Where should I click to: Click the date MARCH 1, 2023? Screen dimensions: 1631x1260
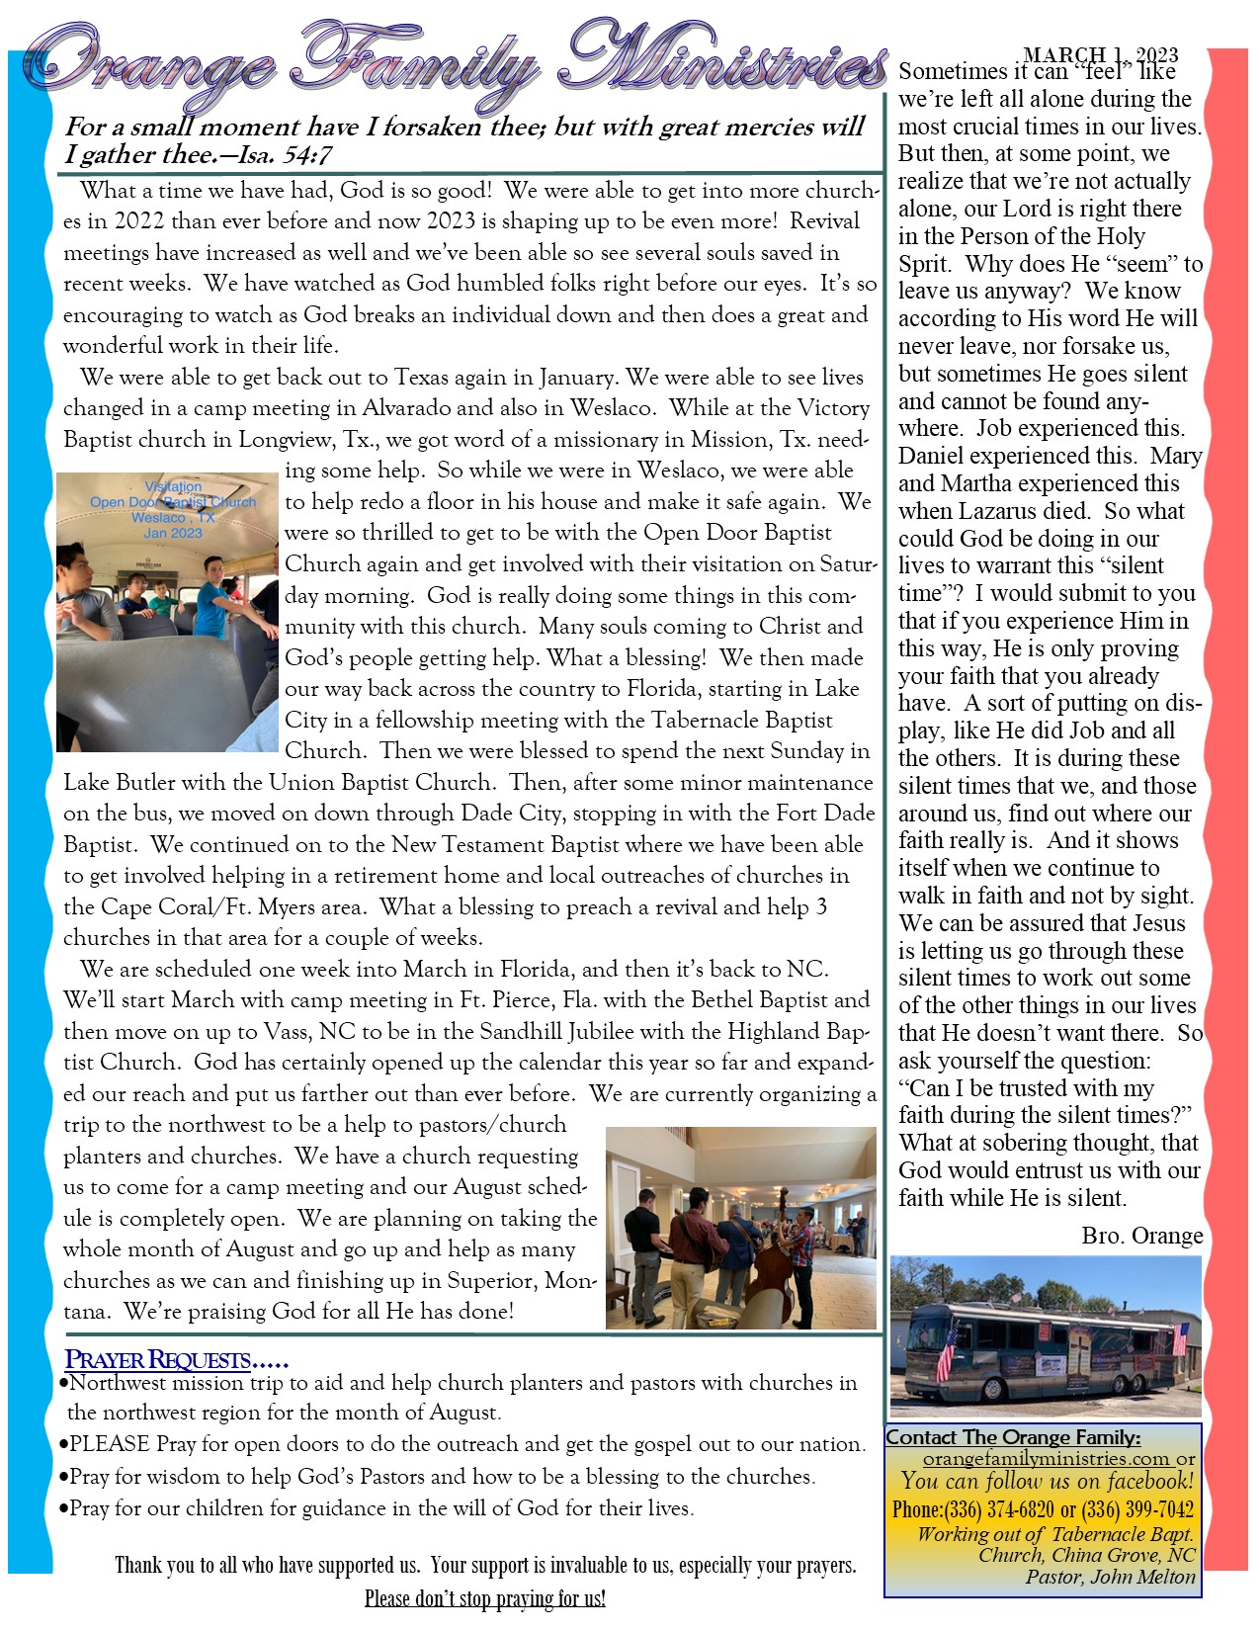coord(1100,55)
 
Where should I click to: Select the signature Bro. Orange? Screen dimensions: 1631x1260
coord(1141,1236)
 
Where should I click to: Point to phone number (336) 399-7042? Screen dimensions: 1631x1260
coord(1137,1509)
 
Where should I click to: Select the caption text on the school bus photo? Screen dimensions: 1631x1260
coord(173,510)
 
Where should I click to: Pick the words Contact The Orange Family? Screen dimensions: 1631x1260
coord(1013,1437)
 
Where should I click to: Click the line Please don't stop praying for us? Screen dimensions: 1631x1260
coord(484,1598)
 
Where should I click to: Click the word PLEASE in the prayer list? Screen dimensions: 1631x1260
coord(110,1444)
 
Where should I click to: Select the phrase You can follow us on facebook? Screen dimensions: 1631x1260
coord(1047,1482)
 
